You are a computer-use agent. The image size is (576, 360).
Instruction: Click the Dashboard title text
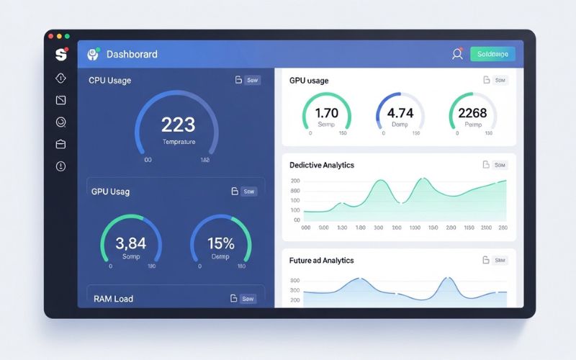[132, 54]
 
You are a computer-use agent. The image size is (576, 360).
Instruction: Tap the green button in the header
[492, 54]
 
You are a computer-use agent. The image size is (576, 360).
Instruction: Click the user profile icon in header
[456, 54]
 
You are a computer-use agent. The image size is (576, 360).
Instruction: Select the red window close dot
[50, 36]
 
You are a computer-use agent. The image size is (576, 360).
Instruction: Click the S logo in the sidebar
[60, 54]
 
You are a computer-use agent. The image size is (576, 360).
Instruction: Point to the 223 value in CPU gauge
[177, 125]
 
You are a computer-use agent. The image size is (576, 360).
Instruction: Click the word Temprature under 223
[179, 142]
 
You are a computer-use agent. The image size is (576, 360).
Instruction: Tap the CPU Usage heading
[110, 81]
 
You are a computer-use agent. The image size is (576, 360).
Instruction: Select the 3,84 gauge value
[130, 243]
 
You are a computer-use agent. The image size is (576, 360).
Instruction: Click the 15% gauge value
[220, 243]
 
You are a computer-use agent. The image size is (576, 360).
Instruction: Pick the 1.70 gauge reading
[326, 113]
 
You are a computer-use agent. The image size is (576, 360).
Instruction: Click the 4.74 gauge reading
[400, 113]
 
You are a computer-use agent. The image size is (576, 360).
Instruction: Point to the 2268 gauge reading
[472, 113]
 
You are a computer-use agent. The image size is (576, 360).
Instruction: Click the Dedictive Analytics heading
[322, 165]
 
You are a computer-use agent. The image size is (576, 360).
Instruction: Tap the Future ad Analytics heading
[321, 260]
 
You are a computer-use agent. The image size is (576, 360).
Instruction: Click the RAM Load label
[114, 298]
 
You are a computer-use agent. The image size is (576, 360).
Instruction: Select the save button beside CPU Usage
[252, 81]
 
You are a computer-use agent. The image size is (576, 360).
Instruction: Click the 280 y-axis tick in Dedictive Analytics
[295, 181]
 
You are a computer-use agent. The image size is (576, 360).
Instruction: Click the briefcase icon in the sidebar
[60, 144]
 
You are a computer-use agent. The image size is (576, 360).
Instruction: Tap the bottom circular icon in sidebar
[60, 166]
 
